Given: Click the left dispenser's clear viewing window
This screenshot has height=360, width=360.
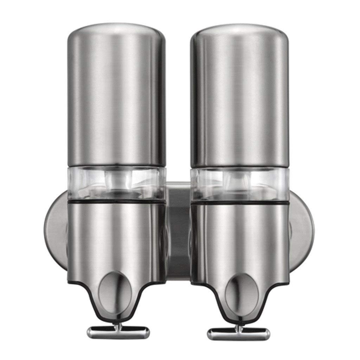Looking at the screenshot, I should click(x=116, y=183).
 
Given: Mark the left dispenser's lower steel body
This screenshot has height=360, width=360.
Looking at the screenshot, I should click(x=116, y=239).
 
